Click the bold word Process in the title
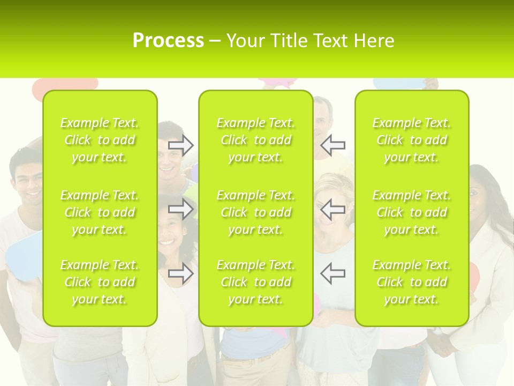(168, 41)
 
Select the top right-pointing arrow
(181, 145)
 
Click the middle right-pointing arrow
(181, 209)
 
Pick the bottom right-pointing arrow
(181, 273)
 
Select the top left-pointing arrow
(332, 145)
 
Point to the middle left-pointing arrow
(332, 209)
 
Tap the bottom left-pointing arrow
(332, 273)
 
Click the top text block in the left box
(100, 140)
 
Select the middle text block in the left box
(100, 212)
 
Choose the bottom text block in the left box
(100, 282)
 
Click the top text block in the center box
(256, 140)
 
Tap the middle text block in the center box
(256, 212)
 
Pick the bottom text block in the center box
(256, 282)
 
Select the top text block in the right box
(412, 140)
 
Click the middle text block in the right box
(412, 212)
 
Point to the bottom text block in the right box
(412, 282)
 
